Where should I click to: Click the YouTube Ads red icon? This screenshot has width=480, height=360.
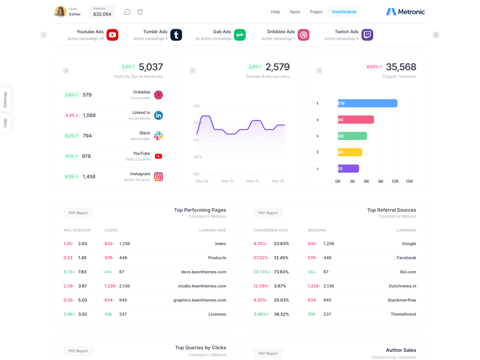pyautogui.click(x=112, y=35)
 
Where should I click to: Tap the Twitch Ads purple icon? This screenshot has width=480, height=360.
pyautogui.click(x=367, y=35)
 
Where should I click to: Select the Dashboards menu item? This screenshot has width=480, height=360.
pyautogui.click(x=344, y=12)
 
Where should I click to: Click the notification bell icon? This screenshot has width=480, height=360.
pyautogui.click(x=140, y=12)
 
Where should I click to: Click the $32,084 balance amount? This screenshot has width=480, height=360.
pyautogui.click(x=102, y=14)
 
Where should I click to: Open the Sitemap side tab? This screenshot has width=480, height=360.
pyautogui.click(x=5, y=100)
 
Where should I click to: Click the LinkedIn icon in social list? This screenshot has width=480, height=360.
pyautogui.click(x=158, y=116)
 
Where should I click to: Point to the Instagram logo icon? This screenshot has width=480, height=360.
pyautogui.click(x=158, y=177)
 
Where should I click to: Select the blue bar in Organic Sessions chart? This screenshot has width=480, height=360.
pyautogui.click(x=367, y=103)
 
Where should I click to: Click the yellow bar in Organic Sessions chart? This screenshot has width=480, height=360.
pyautogui.click(x=350, y=152)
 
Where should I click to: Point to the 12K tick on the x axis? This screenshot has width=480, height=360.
pyautogui.click(x=395, y=181)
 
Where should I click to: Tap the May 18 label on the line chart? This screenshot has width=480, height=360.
pyautogui.click(x=253, y=181)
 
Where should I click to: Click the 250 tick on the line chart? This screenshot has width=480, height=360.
pyautogui.click(x=196, y=106)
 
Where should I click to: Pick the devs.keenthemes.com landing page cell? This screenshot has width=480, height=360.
pyautogui.click(x=203, y=272)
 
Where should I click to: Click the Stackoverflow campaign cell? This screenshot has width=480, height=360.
pyautogui.click(x=402, y=300)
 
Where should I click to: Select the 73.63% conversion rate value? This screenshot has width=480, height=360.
pyautogui.click(x=281, y=272)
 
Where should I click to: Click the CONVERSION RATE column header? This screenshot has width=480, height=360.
pyautogui.click(x=270, y=230)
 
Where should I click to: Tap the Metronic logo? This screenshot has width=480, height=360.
pyautogui.click(x=406, y=12)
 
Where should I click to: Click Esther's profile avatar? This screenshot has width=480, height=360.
pyautogui.click(x=60, y=12)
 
